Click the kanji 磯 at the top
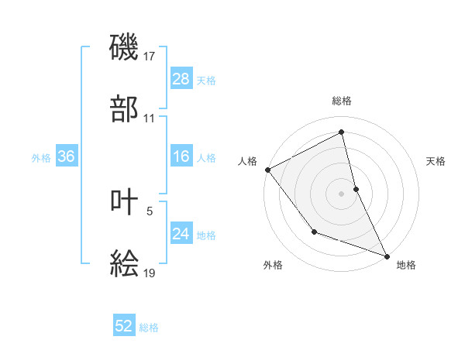(125, 46)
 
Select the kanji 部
(125, 108)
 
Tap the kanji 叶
(125, 202)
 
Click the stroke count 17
(150, 57)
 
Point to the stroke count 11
(150, 118)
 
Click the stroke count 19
(150, 273)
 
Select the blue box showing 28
(181, 79)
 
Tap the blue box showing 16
(181, 157)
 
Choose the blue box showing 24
(181, 234)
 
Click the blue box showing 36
(66, 157)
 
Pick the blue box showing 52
(124, 327)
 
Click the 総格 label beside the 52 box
(149, 328)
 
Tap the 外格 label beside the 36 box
(41, 158)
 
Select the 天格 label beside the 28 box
(206, 80)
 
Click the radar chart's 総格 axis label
(342, 101)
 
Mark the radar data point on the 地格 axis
(387, 256)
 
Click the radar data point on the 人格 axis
(267, 169)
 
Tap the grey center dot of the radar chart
(342, 193)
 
